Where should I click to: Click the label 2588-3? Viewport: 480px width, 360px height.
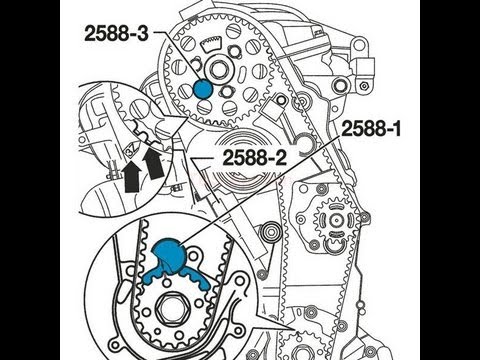[116, 33]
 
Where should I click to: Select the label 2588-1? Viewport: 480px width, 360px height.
[371, 128]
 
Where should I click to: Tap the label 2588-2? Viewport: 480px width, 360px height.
[255, 158]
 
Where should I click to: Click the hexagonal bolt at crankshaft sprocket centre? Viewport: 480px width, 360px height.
[172, 307]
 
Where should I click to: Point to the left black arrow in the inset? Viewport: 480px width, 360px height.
[131, 177]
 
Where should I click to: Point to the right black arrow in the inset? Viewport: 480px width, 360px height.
[153, 163]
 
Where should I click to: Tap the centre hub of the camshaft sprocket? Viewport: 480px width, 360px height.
[218, 70]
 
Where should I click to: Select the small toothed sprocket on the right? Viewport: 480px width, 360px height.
[336, 220]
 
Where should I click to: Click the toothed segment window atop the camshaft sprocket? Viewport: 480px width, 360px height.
[211, 43]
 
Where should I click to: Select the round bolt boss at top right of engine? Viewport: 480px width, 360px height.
[358, 46]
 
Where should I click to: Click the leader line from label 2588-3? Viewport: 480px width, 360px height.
[178, 57]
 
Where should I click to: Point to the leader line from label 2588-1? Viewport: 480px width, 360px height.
[261, 190]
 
